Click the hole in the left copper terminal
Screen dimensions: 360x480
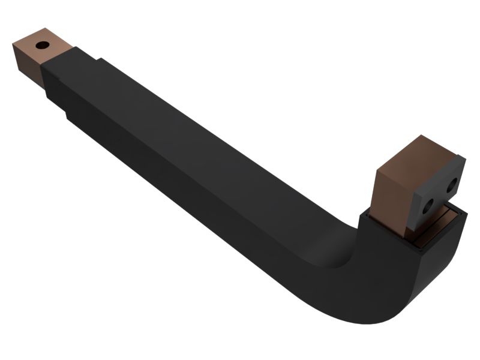click(x=42, y=45)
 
